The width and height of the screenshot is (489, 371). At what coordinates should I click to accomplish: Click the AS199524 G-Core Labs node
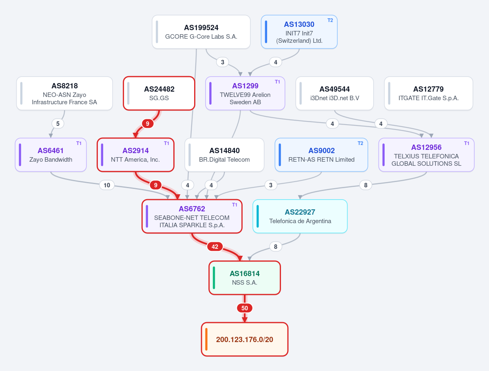pyautogui.click(x=201, y=32)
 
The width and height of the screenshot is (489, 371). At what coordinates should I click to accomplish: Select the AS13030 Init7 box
pyautogui.click(x=299, y=32)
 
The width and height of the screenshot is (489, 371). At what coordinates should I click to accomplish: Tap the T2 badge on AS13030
pyautogui.click(x=330, y=20)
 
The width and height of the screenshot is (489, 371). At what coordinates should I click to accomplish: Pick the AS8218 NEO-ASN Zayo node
pyautogui.click(x=64, y=93)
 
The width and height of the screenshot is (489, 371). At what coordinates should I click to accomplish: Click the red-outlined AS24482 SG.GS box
pyautogui.click(x=159, y=93)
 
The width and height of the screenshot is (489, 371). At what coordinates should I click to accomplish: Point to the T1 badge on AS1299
pyautogui.click(x=277, y=82)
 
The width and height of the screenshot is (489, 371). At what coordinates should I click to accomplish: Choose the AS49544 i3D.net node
pyautogui.click(x=334, y=93)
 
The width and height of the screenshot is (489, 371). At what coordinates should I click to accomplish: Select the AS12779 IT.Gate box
pyautogui.click(x=429, y=93)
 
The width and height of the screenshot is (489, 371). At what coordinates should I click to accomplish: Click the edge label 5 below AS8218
pyautogui.click(x=58, y=124)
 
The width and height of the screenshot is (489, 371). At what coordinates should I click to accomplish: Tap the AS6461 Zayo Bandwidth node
pyautogui.click(x=51, y=155)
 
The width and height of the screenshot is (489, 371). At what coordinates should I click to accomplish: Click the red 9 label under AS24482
pyautogui.click(x=148, y=124)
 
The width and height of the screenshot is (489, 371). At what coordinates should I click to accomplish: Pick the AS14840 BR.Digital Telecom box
pyautogui.click(x=225, y=155)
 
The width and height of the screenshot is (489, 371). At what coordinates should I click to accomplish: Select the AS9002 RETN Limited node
pyautogui.click(x=321, y=155)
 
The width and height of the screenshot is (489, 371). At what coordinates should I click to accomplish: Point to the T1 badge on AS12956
pyautogui.click(x=467, y=143)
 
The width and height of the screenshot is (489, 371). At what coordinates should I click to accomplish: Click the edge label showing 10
pyautogui.click(x=107, y=185)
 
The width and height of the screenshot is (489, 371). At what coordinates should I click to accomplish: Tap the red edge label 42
pyautogui.click(x=215, y=247)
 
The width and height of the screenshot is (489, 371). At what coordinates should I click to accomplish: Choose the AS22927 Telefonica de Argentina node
pyautogui.click(x=300, y=216)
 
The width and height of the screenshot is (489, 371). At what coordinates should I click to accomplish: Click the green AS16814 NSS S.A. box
pyautogui.click(x=245, y=278)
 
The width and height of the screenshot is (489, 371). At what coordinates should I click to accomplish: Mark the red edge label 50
pyautogui.click(x=245, y=308)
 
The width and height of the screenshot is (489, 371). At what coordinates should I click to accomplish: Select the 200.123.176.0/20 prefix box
pyautogui.click(x=245, y=339)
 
